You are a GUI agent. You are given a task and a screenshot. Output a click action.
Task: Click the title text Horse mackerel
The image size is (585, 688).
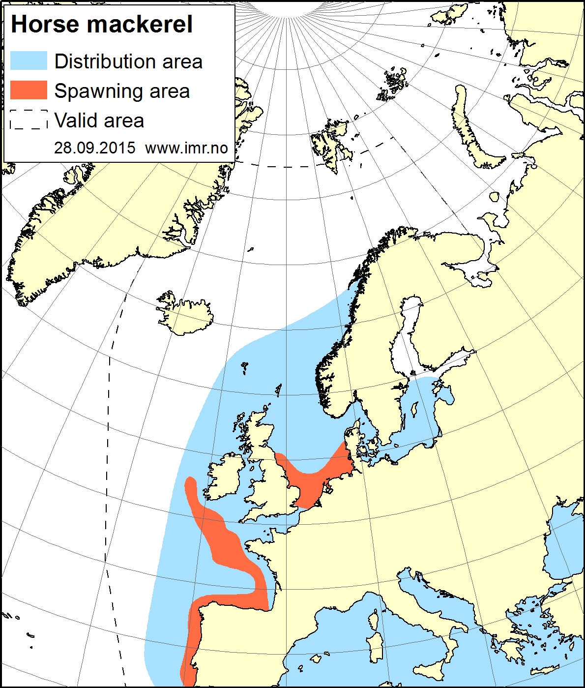(102, 25)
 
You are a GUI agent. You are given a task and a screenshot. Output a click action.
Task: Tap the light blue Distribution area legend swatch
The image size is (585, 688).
(29, 61)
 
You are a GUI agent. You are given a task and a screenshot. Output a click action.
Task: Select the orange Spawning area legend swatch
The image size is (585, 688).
(29, 90)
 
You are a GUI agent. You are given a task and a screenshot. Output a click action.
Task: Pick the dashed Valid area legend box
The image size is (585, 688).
(29, 120)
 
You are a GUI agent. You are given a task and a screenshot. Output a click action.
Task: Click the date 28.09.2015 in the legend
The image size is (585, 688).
(94, 148)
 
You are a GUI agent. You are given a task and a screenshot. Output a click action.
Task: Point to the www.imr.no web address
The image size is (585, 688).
(187, 148)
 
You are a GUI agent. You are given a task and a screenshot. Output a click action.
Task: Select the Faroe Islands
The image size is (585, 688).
(245, 367)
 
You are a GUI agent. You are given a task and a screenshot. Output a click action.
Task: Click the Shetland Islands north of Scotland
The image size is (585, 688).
(279, 390)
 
